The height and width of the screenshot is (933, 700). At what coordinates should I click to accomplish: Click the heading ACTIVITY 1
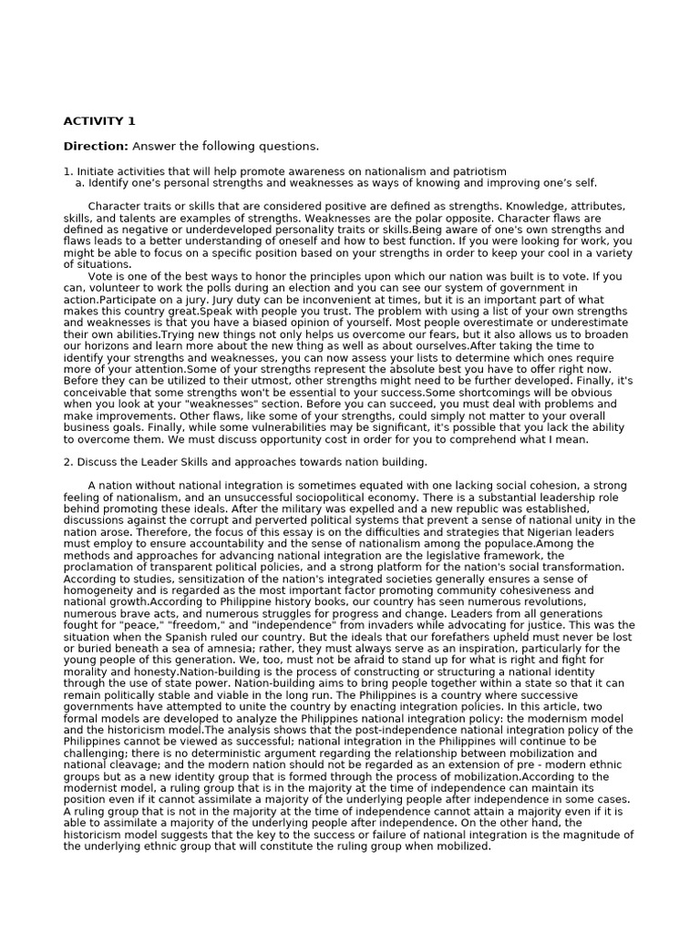click(x=99, y=121)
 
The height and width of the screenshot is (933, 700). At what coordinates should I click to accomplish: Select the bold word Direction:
click(x=96, y=147)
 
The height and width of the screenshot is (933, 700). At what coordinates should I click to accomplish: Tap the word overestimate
click(x=497, y=323)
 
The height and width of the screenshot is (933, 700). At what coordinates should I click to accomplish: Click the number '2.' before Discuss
click(x=68, y=462)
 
